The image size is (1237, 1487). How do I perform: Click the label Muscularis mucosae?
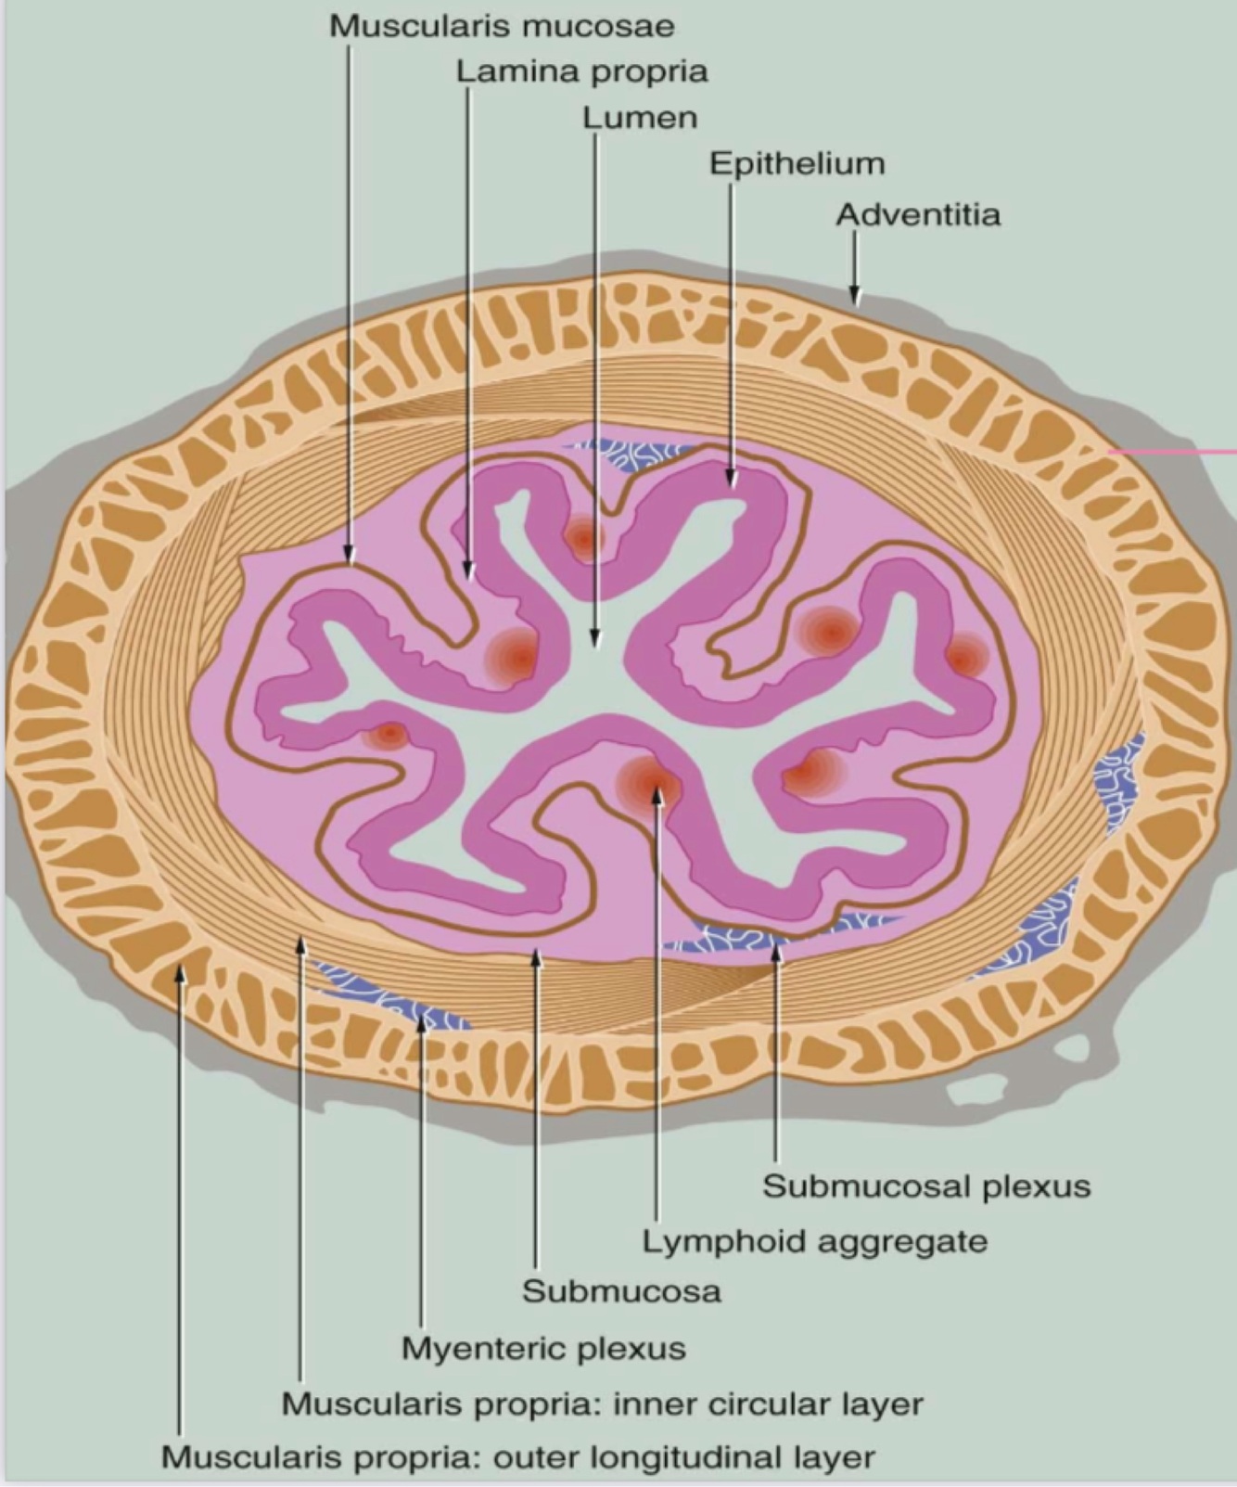pyautogui.click(x=502, y=26)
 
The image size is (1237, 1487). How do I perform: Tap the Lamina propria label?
pyautogui.click(x=581, y=71)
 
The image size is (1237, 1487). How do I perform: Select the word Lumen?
pyautogui.click(x=640, y=118)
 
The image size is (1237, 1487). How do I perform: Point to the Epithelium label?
pyautogui.click(x=797, y=164)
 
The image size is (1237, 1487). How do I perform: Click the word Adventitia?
pyautogui.click(x=918, y=215)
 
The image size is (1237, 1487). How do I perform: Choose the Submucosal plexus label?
pyautogui.click(x=926, y=1186)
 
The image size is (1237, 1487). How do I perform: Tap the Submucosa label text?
pyautogui.click(x=621, y=1290)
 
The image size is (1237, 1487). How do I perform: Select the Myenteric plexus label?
pyautogui.click(x=543, y=1347)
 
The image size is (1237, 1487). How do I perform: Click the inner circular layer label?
pyautogui.click(x=603, y=1404)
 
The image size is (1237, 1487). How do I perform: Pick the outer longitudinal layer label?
pyautogui.click(x=517, y=1456)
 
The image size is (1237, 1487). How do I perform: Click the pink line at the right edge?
pyautogui.click(x=1173, y=452)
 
